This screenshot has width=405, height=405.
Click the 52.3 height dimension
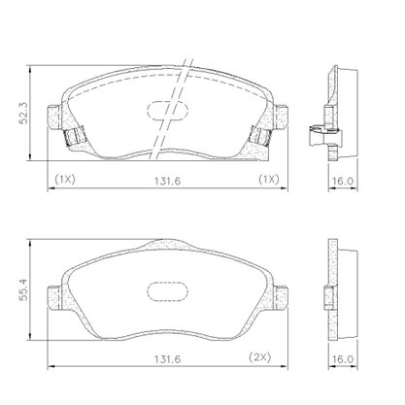click(x=23, y=113)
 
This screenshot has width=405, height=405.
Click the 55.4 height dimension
click(x=23, y=289)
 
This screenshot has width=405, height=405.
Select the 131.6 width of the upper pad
click(x=167, y=181)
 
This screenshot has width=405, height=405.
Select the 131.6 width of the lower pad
click(x=167, y=358)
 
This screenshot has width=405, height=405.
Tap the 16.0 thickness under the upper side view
click(x=343, y=181)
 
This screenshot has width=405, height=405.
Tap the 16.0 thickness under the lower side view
click(x=343, y=358)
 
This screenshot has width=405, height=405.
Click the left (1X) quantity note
click(x=65, y=179)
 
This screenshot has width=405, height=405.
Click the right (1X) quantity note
click(x=268, y=179)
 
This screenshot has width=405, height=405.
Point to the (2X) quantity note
click(x=259, y=357)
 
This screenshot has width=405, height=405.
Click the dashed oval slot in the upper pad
click(x=167, y=111)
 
